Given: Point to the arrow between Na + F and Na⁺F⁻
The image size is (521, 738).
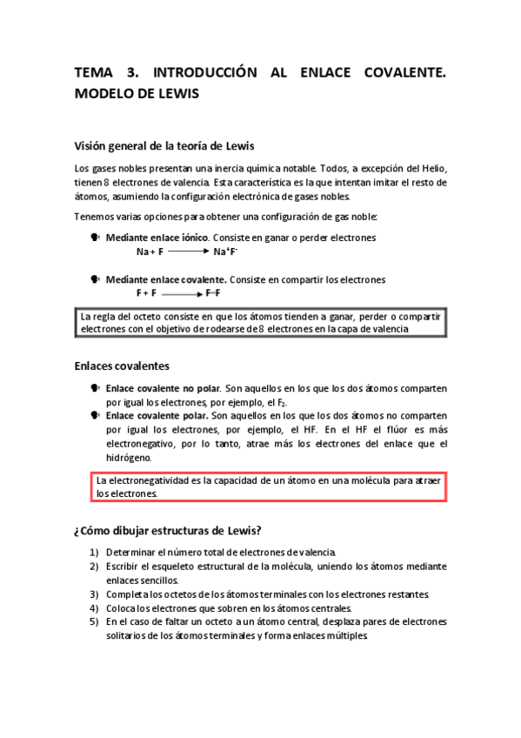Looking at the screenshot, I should tap(187, 252).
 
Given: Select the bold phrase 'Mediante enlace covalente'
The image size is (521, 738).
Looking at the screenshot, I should tap(165, 280).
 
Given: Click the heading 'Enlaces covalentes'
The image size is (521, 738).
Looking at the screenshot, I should tap(122, 366).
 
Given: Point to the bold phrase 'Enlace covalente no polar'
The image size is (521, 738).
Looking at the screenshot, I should tap(162, 389).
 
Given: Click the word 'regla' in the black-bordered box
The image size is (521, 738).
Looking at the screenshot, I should tap(108, 317).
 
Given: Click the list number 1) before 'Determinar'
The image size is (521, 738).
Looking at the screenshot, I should tap(94, 553).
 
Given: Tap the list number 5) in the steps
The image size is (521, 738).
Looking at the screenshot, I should tap(94, 622).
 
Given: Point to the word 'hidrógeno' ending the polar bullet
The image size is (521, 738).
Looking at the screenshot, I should tap(128, 457).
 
